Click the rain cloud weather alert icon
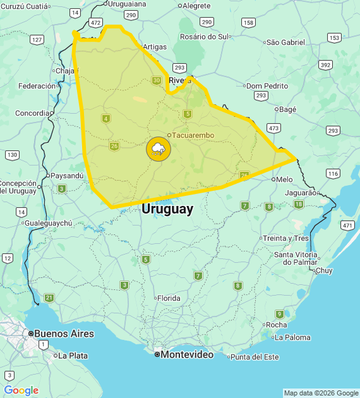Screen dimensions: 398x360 (158, 149)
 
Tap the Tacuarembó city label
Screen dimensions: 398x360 (193, 135)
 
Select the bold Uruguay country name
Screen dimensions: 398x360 (167, 209)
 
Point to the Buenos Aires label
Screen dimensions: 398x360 (64, 334)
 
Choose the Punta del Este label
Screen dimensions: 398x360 (255, 357)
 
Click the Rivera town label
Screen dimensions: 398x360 (179, 80)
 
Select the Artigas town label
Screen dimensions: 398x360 (155, 47)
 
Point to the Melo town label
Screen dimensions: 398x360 (284, 179)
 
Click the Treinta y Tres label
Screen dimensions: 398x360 (285, 238)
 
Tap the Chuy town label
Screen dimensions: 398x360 (323, 270)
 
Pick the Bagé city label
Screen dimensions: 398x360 (287, 109)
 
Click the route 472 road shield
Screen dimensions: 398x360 (96, 22)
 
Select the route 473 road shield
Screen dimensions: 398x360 (273, 128)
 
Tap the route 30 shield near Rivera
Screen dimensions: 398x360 (157, 80)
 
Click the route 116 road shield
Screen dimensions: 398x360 (333, 173)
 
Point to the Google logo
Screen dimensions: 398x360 (21, 390)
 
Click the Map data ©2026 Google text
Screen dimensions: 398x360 (321, 393)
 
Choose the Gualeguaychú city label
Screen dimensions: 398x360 (49, 223)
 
